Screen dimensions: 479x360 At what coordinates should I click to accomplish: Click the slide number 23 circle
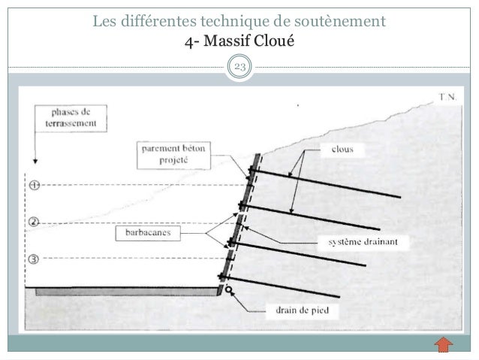click(x=239, y=70)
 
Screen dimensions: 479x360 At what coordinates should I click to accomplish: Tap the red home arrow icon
click(x=444, y=346)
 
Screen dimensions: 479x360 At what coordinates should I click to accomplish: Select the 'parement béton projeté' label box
click(x=173, y=154)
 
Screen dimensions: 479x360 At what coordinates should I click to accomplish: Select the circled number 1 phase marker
click(x=33, y=184)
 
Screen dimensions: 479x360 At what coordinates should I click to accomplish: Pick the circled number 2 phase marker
click(x=33, y=222)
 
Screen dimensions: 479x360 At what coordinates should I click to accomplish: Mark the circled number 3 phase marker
click(x=33, y=259)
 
